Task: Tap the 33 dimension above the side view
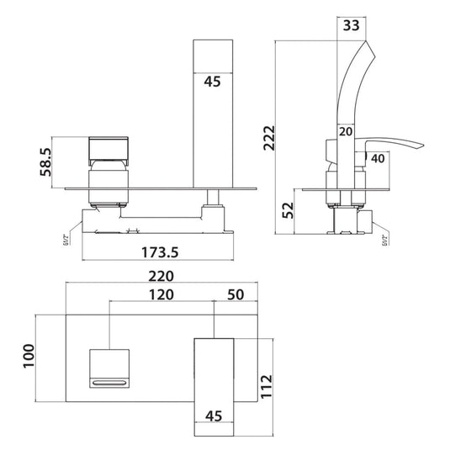(x=353, y=25)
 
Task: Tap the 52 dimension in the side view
(x=288, y=208)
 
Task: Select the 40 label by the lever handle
(x=377, y=157)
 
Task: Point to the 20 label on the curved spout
(x=345, y=131)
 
